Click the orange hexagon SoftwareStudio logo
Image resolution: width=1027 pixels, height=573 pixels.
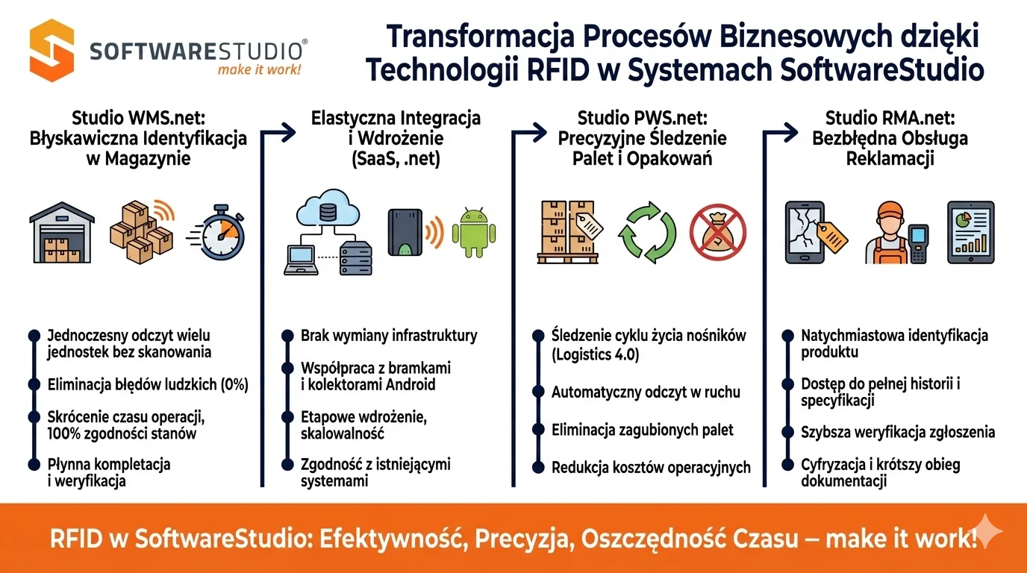tap(51, 50)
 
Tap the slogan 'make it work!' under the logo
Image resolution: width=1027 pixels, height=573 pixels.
tap(259, 70)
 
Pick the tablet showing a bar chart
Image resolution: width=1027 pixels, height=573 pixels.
tap(970, 231)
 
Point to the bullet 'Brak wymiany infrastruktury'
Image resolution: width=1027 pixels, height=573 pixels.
tap(388, 336)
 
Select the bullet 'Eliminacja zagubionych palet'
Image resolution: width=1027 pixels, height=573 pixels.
tap(642, 430)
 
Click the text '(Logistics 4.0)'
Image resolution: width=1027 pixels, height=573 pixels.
tap(595, 354)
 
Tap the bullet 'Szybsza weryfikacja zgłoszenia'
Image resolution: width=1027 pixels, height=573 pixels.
tap(897, 432)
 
